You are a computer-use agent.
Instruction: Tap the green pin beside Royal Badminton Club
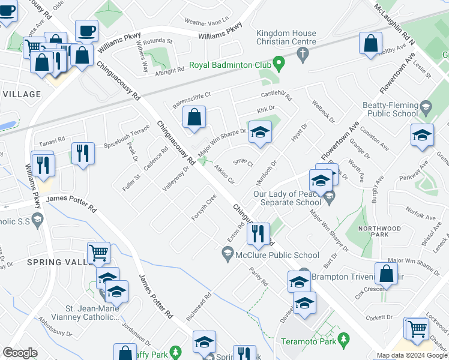coord(278,62)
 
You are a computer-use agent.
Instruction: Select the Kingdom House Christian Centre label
coord(286,37)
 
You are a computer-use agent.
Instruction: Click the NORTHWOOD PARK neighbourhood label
coord(378,229)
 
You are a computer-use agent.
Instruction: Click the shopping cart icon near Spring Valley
coord(98,253)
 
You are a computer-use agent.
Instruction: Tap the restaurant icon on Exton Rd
coord(258,233)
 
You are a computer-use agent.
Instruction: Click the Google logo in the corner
coord(20,353)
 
